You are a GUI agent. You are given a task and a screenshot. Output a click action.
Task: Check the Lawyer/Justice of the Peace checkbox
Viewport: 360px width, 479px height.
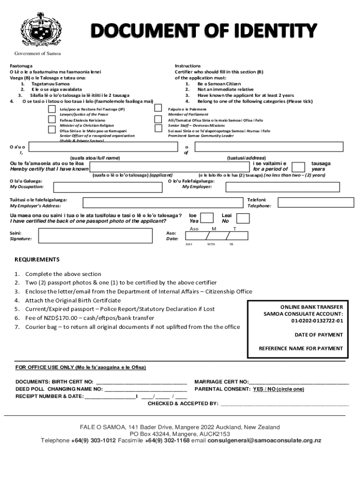click(x=52, y=109)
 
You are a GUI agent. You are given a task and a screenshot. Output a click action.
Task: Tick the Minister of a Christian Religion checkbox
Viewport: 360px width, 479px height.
click(x=52, y=119)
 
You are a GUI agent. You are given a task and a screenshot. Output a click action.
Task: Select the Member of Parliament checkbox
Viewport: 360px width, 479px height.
click(x=158, y=109)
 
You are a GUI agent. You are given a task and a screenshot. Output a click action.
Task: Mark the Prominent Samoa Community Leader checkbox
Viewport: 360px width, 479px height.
click(x=158, y=129)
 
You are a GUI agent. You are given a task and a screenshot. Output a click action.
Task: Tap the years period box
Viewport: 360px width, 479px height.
click(x=296, y=167)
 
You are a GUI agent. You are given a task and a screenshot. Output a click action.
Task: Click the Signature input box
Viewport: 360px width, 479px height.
click(x=98, y=236)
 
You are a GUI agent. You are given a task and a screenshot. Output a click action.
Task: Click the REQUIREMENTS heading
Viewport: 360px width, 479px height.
click(x=37, y=260)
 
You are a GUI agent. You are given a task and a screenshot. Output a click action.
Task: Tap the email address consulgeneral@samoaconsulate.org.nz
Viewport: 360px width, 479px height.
click(x=265, y=441)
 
